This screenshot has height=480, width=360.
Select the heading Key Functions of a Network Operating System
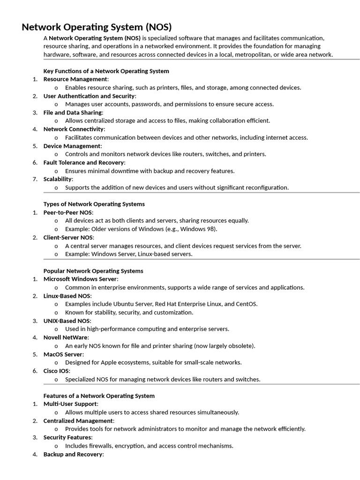click(x=106, y=71)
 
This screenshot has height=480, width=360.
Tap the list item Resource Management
click(x=75, y=79)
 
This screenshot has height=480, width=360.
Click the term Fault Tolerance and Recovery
click(x=84, y=163)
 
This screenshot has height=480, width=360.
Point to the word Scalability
click(x=58, y=179)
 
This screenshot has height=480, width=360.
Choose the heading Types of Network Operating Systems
click(x=94, y=204)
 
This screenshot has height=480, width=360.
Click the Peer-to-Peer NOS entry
click(x=68, y=212)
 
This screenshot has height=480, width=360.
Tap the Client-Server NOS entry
click(x=68, y=238)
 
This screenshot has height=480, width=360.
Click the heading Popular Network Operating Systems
click(x=93, y=271)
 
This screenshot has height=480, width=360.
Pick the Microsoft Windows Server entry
click(x=81, y=279)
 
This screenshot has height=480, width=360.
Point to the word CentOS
click(x=247, y=304)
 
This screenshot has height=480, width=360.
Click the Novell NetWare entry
click(x=66, y=337)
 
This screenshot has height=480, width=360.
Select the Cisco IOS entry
click(x=56, y=371)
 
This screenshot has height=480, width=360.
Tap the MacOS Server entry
click(x=63, y=354)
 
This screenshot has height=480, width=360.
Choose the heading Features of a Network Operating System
click(x=99, y=396)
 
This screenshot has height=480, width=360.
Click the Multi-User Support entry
click(x=71, y=404)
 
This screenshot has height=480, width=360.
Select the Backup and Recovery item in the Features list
click(x=73, y=454)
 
